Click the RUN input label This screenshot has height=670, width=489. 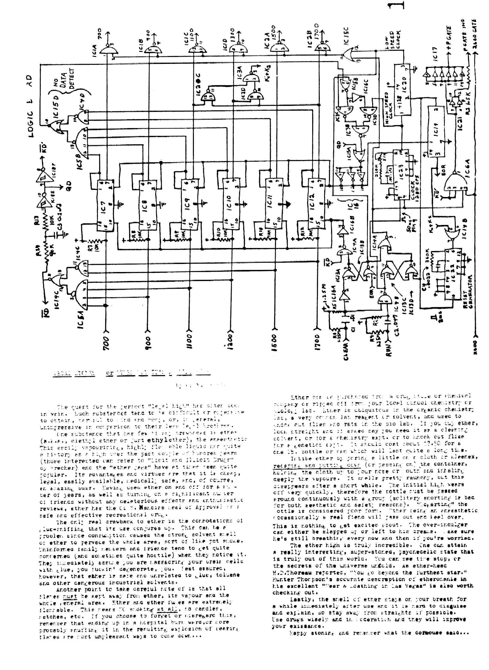coord(389,349)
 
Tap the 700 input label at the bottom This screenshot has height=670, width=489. coord(106,343)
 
